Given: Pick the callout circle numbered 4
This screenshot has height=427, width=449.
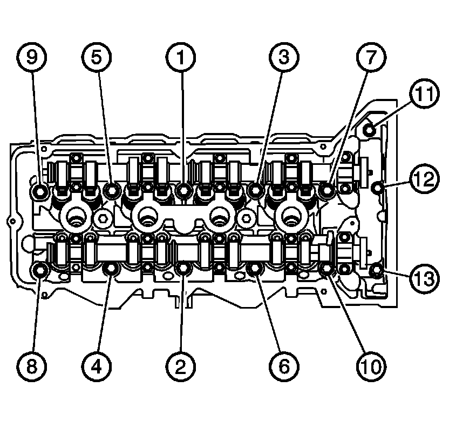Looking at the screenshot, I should point(97,366).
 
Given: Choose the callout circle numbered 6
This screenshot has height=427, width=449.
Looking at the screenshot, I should point(284,366).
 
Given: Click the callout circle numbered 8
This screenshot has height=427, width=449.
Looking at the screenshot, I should point(31,366).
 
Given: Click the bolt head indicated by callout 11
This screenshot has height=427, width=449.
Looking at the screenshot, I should point(369,129).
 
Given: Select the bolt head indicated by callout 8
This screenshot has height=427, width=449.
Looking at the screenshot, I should point(40,269).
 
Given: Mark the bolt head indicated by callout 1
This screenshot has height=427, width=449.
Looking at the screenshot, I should point(183,189).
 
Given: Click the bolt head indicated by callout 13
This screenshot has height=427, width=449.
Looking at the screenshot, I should point(378,268).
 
